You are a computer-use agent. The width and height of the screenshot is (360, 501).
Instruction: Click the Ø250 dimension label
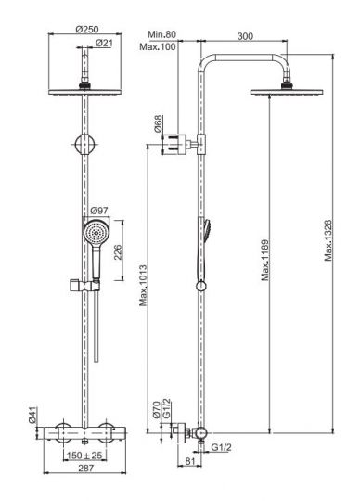coord(87,30)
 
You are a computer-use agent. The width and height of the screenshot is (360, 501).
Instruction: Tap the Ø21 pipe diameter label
coord(104,43)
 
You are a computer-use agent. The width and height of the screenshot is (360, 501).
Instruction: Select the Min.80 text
coord(162,34)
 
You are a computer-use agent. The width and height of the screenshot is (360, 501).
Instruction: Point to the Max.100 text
coord(158,46)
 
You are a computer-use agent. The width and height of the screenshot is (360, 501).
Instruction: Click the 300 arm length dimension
coord(245,36)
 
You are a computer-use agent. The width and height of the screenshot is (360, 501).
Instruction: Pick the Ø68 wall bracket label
coord(158,124)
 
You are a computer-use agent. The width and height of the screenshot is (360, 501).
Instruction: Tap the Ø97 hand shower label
coord(99,211)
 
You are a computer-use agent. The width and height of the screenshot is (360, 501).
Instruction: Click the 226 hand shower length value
coord(118,252)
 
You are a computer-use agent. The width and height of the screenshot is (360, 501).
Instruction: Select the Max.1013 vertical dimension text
coord(144,286)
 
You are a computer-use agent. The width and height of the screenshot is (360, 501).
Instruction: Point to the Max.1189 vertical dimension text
coord(264,261)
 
